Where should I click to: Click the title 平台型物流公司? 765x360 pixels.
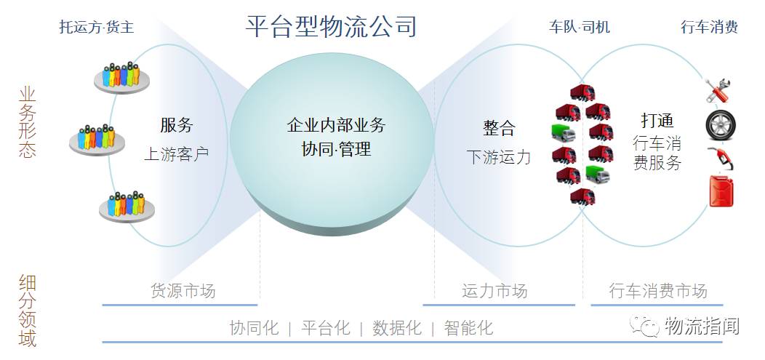tap(331, 26)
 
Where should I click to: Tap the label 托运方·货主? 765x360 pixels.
tap(97, 28)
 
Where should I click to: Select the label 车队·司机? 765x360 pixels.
tap(579, 28)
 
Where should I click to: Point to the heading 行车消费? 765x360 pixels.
tap(709, 28)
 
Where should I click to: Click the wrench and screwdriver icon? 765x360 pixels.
tap(721, 91)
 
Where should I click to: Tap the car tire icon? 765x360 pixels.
tap(721, 125)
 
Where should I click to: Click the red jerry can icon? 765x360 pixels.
tap(721, 191)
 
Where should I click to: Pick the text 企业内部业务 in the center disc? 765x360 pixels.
tap(336, 125)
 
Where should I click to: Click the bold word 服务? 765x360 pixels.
tap(177, 125)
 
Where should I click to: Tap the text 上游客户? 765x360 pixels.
tap(177, 154)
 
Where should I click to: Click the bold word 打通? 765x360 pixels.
tap(657, 120)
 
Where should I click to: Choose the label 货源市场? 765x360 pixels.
tap(183, 292)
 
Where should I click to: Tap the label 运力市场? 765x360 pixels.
tap(494, 292)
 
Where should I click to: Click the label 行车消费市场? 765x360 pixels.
tap(657, 292)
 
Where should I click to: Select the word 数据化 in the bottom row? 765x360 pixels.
tap(397, 328)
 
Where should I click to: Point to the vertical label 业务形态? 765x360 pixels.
tap(27, 122)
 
